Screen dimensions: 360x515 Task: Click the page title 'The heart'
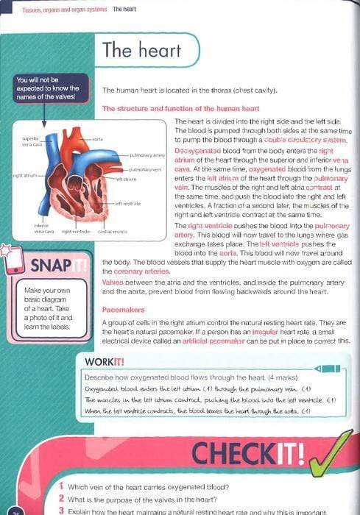(x=131, y=50)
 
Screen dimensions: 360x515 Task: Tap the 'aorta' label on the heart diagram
(x=97, y=138)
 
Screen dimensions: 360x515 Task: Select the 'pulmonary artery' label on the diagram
(x=147, y=156)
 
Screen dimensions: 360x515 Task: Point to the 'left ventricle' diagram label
(x=127, y=204)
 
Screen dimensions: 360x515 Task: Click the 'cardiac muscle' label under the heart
(x=114, y=231)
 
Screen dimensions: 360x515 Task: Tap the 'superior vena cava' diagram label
(x=29, y=141)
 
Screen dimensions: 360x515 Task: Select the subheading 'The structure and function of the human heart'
(x=180, y=108)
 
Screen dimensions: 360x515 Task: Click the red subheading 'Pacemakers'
(x=120, y=310)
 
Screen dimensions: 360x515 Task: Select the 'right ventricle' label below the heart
(x=76, y=231)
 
